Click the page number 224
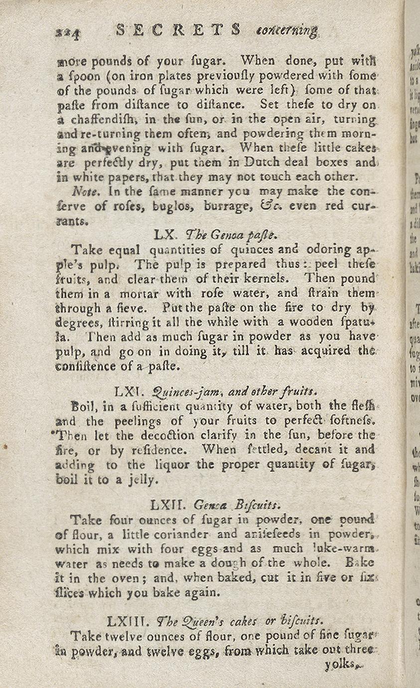click(68, 32)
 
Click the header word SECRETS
click(179, 30)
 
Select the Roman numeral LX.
click(163, 234)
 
